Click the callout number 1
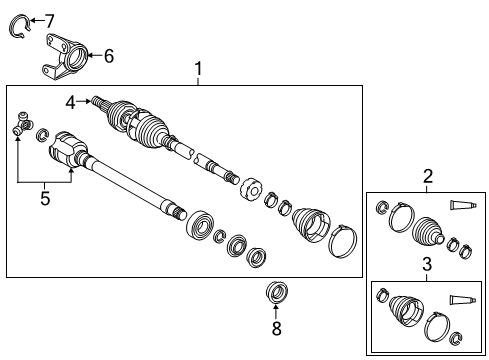point(198,68)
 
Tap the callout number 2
point(428,177)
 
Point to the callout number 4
point(71,101)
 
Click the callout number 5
point(45,198)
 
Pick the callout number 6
point(109,56)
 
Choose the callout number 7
point(49,20)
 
